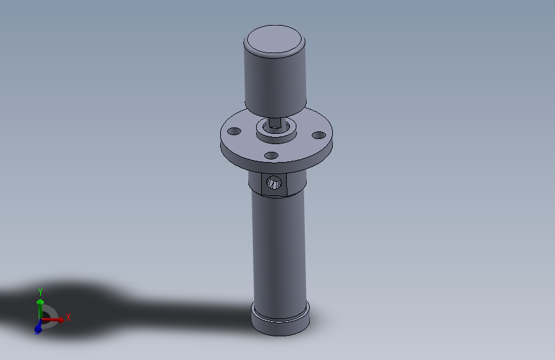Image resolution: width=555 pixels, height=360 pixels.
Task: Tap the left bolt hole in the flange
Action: point(234,131)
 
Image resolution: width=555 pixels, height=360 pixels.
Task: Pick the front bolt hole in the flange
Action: point(271,155)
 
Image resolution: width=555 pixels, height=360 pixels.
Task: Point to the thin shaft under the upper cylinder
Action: point(275,121)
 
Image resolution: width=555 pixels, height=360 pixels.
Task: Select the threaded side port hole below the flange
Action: point(274,183)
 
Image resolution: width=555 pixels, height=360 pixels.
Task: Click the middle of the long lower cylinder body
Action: point(279,250)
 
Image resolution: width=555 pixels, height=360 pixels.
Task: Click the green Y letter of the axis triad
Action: point(40,291)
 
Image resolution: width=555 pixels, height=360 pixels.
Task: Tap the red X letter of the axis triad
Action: point(68,317)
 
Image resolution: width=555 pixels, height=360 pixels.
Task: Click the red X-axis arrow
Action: point(54,320)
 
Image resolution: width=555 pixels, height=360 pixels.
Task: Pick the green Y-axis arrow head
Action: point(40,301)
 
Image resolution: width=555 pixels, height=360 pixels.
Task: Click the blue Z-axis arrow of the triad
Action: point(38,327)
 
